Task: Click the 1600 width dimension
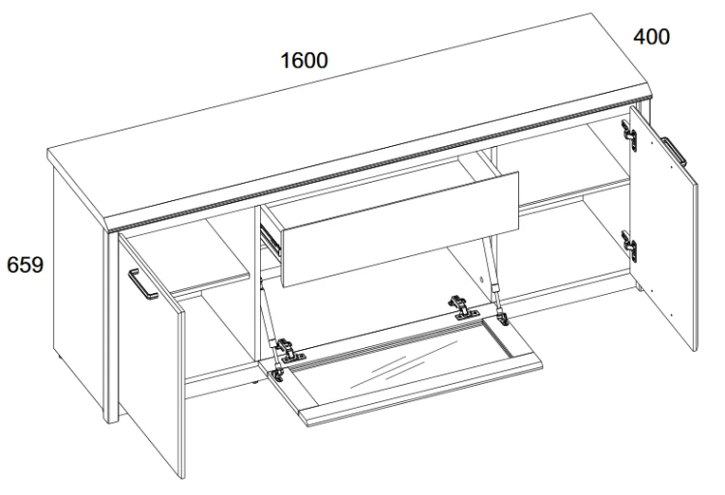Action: tap(304, 60)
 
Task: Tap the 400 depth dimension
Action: tap(651, 37)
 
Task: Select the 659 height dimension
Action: tap(25, 265)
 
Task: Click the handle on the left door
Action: tap(142, 284)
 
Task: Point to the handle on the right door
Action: tap(675, 152)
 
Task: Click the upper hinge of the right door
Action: tap(629, 135)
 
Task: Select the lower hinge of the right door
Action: tap(629, 247)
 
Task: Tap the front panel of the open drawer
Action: tap(400, 229)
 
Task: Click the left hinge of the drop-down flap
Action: tap(290, 350)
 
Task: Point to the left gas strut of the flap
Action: tap(270, 329)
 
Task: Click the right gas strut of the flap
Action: tap(493, 278)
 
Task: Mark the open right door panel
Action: tap(664, 227)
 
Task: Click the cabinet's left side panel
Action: tap(77, 287)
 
